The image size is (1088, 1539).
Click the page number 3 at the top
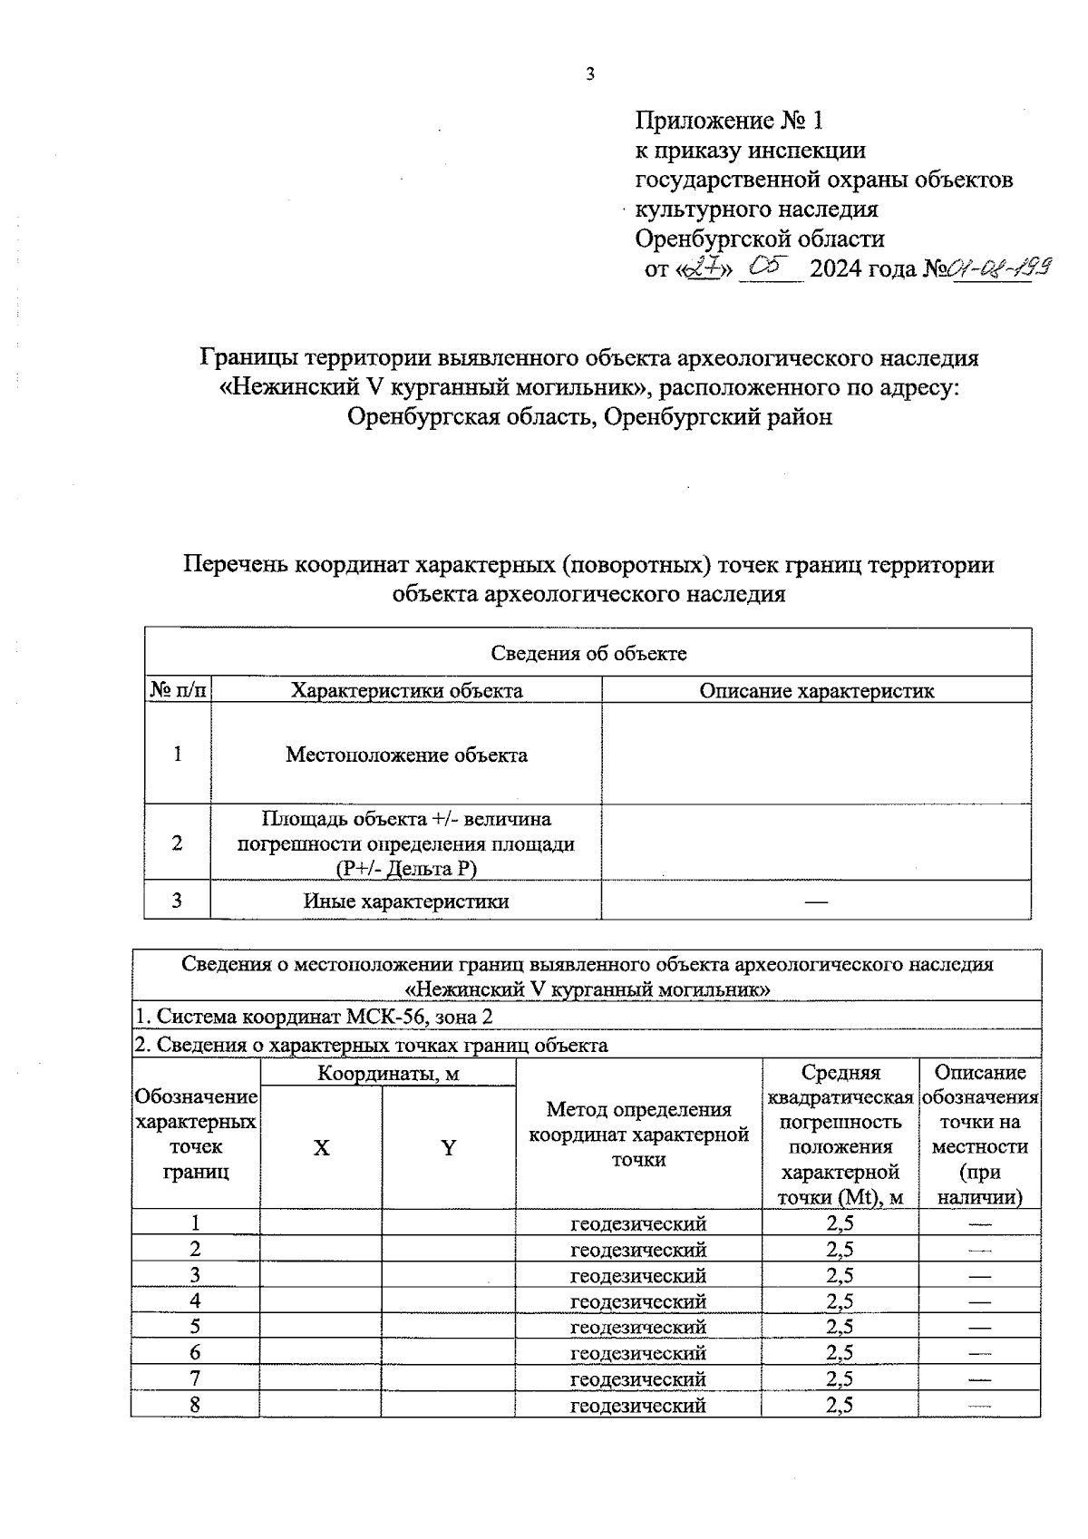589,75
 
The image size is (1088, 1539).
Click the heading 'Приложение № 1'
729,121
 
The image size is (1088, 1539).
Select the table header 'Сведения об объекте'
588,653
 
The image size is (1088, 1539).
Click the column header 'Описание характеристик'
816,691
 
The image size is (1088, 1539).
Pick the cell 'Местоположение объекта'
406,755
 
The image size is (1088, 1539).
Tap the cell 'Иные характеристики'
406,901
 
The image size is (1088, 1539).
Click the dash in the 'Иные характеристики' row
816,901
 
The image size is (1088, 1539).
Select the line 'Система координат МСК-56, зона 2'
314,1017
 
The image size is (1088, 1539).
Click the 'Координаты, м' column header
388,1074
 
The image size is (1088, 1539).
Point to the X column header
321,1148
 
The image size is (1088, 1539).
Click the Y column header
448,1148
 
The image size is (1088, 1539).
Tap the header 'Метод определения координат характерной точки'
638,1135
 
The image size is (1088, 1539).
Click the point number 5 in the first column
195,1327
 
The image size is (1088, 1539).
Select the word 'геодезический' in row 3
638,1275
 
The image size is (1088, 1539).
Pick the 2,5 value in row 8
840,1406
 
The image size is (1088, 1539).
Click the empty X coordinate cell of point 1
321,1223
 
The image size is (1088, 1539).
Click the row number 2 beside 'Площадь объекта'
178,843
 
